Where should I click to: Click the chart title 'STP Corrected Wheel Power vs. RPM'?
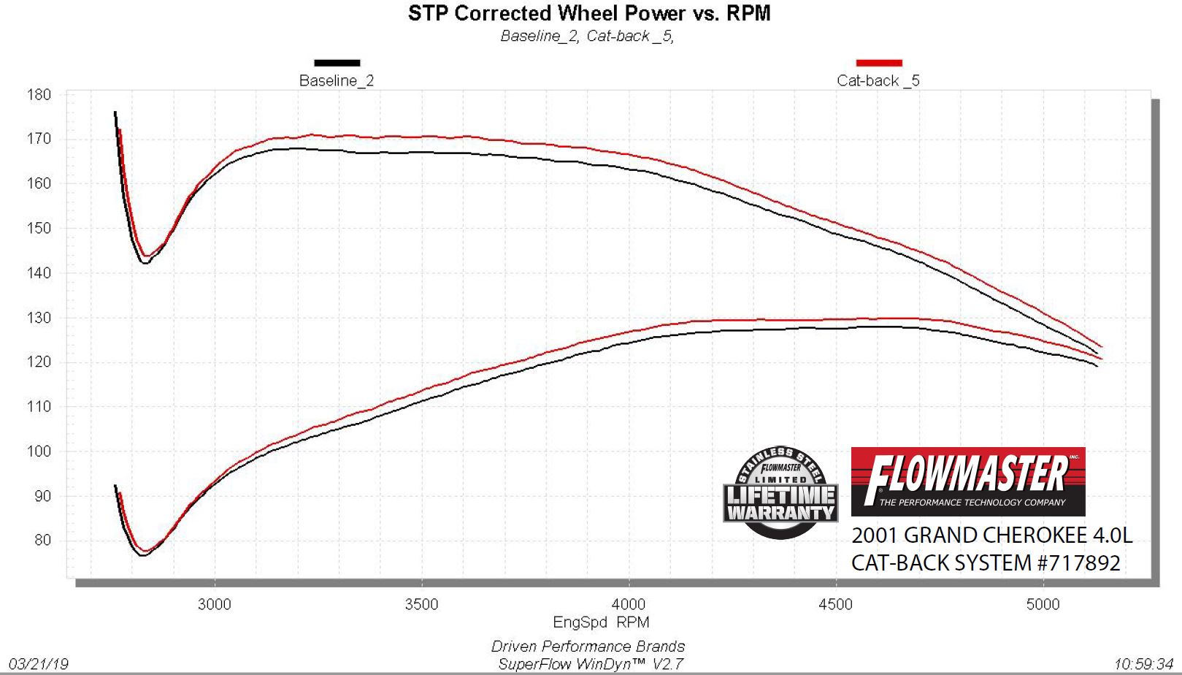589,13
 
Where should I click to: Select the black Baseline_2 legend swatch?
337,63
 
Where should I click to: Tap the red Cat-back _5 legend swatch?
878,63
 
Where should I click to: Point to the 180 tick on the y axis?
39,94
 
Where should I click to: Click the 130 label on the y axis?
39,318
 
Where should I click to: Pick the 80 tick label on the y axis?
42,541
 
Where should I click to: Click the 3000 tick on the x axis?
214,604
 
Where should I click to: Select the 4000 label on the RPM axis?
628,604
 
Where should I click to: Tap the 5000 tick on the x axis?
1043,604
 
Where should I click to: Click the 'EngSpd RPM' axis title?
600,622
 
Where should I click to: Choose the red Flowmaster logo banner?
967,481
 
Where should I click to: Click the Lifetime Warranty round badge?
780,493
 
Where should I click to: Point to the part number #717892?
1075,563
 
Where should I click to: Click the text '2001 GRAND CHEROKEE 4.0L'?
991,535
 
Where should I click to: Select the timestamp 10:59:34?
1143,664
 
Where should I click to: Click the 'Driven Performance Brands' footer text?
588,647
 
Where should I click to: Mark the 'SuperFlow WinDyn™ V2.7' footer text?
590,664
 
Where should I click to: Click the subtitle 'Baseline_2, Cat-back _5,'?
587,36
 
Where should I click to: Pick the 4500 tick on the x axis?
835,604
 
